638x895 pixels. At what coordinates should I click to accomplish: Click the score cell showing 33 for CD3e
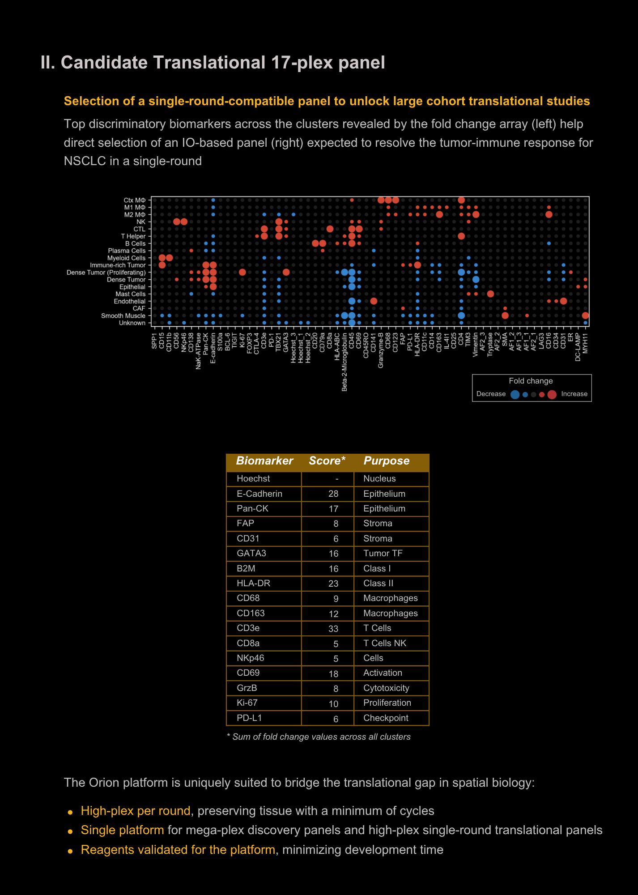point(333,628)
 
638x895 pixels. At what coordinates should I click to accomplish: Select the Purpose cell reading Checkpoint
point(386,718)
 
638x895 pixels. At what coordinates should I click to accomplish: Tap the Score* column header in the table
point(327,461)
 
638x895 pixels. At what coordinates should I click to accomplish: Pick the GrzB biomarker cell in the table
point(247,688)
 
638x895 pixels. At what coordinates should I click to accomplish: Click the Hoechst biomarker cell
point(253,478)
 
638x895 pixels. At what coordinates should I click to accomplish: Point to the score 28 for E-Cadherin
point(333,494)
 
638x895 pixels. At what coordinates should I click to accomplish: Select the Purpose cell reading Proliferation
point(387,703)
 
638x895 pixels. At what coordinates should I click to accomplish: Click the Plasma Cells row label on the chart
point(127,251)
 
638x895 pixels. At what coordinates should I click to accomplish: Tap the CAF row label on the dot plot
point(139,308)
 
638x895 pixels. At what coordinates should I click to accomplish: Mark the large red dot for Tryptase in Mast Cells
point(490,294)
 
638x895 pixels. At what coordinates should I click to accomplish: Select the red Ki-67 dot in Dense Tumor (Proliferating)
point(242,272)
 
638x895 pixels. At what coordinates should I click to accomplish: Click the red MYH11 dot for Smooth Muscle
point(585,315)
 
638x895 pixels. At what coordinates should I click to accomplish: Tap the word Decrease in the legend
point(491,394)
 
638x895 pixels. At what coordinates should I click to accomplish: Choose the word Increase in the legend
point(574,394)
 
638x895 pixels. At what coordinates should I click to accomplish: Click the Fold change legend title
point(531,381)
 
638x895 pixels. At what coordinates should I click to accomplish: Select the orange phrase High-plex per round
point(136,811)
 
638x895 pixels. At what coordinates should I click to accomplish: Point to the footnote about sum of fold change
point(319,737)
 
